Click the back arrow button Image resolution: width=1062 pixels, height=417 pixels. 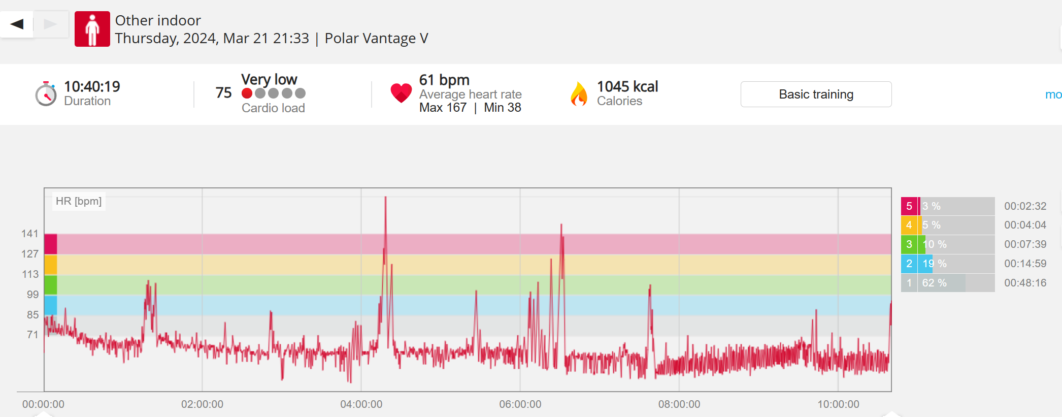click(x=17, y=24)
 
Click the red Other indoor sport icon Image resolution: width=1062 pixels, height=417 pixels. click(x=92, y=29)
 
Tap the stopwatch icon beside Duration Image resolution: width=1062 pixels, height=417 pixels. click(x=46, y=94)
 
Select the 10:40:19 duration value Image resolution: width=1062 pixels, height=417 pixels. click(x=92, y=86)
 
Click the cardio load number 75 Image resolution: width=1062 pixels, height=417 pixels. click(x=223, y=92)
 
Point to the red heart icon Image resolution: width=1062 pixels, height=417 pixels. click(x=401, y=93)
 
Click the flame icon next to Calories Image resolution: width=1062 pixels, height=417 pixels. click(x=579, y=94)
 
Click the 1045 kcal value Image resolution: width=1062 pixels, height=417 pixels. click(x=627, y=86)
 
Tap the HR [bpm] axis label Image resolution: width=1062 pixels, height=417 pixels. click(x=79, y=201)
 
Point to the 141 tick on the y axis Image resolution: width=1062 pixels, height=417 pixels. click(x=30, y=234)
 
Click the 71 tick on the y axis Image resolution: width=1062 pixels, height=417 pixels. click(x=32, y=335)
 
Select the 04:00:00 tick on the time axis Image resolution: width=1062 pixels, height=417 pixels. click(x=361, y=404)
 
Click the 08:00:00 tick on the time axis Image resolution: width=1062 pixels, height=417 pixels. click(x=679, y=404)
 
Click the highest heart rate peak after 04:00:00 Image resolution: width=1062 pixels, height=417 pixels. click(x=386, y=198)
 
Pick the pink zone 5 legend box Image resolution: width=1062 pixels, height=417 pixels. click(x=909, y=206)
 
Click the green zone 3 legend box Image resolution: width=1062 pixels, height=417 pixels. click(x=909, y=244)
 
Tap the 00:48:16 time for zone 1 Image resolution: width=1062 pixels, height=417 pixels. click(x=1025, y=283)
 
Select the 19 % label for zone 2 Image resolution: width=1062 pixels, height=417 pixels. click(x=934, y=264)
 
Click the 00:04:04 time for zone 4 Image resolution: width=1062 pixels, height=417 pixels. click(x=1025, y=225)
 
